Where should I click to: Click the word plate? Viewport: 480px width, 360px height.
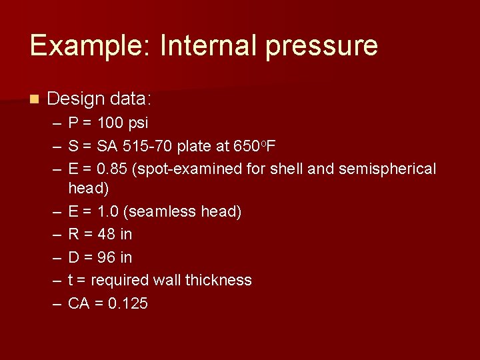coord(194,146)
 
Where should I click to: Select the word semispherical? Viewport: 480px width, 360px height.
coord(387,169)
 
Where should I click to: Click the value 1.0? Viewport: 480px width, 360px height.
coord(109,211)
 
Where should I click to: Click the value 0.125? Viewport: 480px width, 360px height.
coord(127,303)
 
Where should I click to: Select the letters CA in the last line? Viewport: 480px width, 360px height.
coord(79,303)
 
